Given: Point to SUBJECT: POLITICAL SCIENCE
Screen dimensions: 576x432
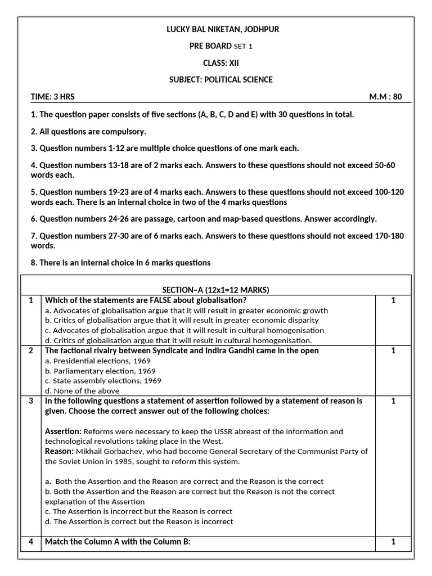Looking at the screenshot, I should (x=220, y=80).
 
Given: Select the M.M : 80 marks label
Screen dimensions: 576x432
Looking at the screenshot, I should (x=385, y=97).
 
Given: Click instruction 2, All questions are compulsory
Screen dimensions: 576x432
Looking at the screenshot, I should (x=88, y=132).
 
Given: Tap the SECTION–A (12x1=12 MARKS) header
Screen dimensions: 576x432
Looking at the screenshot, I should (x=216, y=290).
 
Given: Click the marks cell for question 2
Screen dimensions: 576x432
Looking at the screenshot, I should (x=393, y=351).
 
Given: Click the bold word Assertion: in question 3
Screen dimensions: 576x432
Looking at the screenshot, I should (x=63, y=431).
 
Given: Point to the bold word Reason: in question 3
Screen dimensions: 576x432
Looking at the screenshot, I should (x=60, y=452).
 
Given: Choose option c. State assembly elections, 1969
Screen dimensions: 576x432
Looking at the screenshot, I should (x=103, y=381).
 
